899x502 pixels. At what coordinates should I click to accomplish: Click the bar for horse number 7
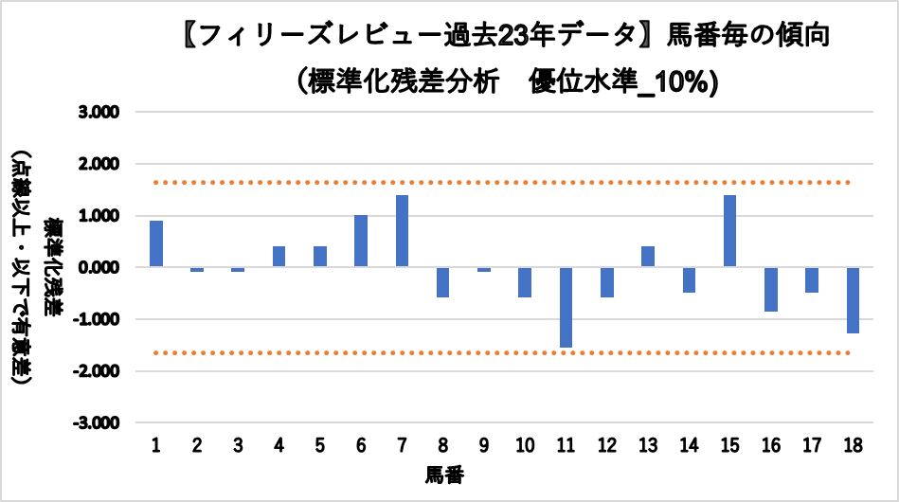(x=402, y=231)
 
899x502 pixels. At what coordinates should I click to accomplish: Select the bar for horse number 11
(x=566, y=307)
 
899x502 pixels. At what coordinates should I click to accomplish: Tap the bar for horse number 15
(x=729, y=231)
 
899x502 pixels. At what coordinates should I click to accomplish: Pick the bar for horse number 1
(x=156, y=243)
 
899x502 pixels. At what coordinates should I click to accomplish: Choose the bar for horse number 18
(x=853, y=299)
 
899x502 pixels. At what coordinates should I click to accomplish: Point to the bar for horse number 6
(x=361, y=241)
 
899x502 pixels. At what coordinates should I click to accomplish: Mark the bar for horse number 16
(x=770, y=289)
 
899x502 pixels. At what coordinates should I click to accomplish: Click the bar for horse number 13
(x=648, y=257)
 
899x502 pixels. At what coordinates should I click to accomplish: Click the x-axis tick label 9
(x=483, y=444)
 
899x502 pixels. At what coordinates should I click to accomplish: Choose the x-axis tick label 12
(x=606, y=444)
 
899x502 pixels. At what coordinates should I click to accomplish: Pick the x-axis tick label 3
(x=238, y=444)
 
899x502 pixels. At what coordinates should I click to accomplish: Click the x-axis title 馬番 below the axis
(x=444, y=473)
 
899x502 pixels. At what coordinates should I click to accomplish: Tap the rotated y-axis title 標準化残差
(x=54, y=268)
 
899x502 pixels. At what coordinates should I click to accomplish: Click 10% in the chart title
(x=680, y=81)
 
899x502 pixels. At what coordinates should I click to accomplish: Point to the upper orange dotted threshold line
(x=502, y=182)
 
